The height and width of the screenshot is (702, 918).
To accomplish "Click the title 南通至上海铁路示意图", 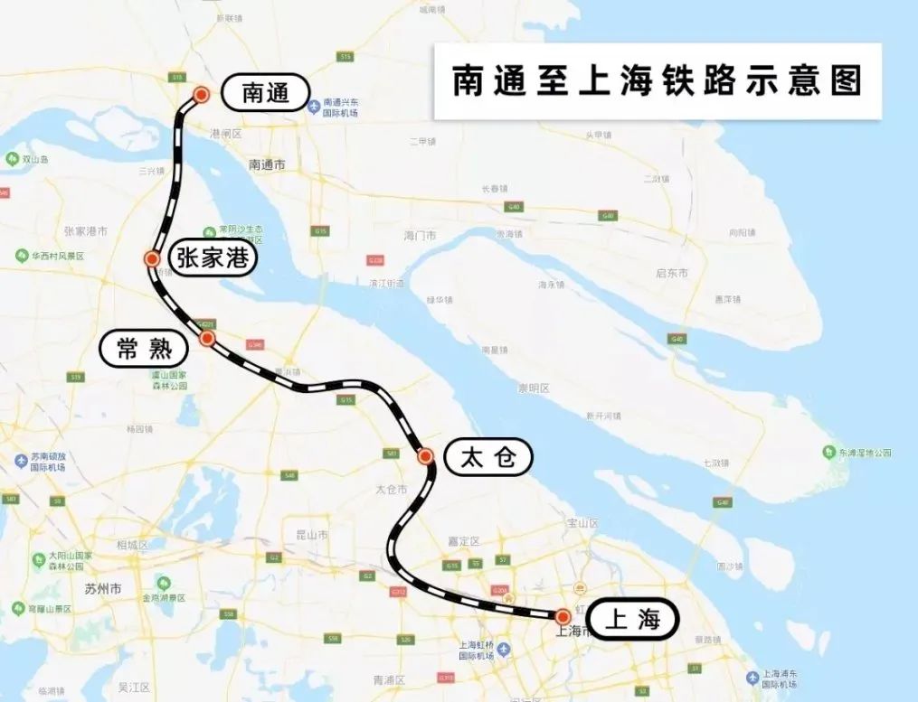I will click(x=658, y=81).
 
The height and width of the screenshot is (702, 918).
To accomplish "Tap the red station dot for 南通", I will click(x=202, y=94).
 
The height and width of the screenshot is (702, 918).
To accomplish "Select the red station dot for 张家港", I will click(x=152, y=259).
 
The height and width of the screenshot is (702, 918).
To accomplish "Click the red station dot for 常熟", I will click(x=207, y=338).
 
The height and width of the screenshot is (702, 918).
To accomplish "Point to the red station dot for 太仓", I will click(x=425, y=456).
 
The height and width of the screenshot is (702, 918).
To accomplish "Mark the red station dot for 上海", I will click(x=563, y=617).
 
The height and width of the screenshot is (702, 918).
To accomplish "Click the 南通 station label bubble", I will click(x=265, y=93).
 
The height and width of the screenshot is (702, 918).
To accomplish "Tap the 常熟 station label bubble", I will click(x=144, y=349).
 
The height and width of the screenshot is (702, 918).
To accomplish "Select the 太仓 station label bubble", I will click(x=488, y=458).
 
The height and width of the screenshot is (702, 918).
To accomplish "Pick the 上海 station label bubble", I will click(x=631, y=620).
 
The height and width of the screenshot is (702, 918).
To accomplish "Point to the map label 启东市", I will click(x=672, y=273).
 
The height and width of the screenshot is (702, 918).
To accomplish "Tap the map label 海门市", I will click(x=421, y=235).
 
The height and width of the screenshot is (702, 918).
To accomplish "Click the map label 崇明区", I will click(x=533, y=388).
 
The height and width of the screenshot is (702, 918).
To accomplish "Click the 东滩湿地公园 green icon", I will click(x=828, y=452).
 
